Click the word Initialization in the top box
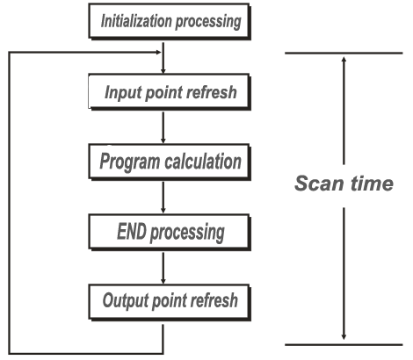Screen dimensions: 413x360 pos(136,21)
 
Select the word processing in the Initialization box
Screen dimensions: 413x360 pos(208,22)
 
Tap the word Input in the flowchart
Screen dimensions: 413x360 pos(124,93)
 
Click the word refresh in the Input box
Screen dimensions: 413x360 pos(212,92)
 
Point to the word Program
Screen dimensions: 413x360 pos(131,162)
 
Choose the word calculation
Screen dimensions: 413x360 pos(204,161)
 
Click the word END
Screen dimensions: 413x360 pos(132,231)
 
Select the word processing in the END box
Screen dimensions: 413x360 pos(187,233)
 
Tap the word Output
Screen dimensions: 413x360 pos(126,300)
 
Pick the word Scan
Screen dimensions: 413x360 pos(319,184)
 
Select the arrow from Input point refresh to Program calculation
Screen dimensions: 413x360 pos(163,127)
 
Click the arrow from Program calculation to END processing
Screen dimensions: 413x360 pos(163,198)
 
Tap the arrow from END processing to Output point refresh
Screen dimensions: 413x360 pos(163,268)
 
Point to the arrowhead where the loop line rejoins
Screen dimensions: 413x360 pos(158,53)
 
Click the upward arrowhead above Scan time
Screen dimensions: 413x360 pos(344,59)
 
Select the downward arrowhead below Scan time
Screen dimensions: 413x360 pos(344,337)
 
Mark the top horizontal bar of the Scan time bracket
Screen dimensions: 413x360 pos(344,53)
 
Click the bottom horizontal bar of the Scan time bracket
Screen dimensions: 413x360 pos(344,344)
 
